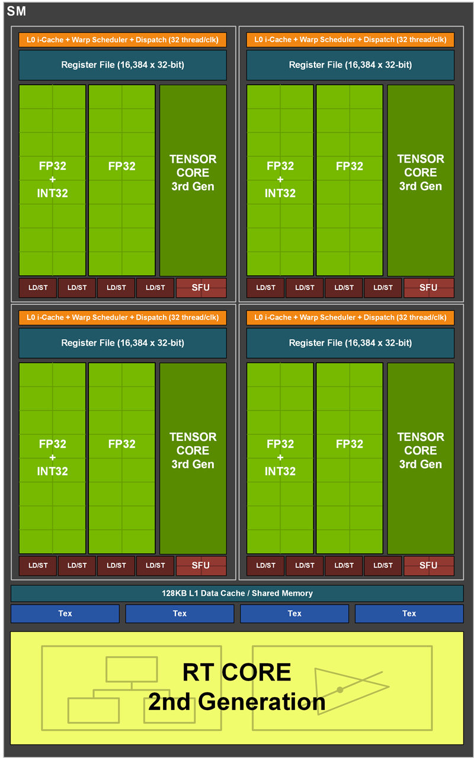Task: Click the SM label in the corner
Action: coord(16,12)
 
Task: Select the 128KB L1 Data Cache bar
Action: coord(237,593)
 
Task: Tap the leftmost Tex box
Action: coord(65,614)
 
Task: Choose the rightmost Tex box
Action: coord(409,614)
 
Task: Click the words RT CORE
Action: coord(236,673)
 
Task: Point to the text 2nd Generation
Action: coord(236,702)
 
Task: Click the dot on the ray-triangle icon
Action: coord(340,689)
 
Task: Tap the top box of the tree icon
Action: coord(132,669)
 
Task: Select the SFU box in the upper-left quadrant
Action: coord(201,288)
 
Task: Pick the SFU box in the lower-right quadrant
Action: coord(428,565)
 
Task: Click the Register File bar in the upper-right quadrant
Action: coord(350,64)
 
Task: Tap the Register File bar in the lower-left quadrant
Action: coord(123,343)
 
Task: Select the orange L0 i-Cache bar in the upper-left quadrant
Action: coord(123,40)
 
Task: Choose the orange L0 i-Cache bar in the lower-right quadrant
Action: coord(350,317)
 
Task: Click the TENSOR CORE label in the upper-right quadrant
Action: coord(421,172)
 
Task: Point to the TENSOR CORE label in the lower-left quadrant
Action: coord(193,450)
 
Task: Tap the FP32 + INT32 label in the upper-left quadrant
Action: coord(53,179)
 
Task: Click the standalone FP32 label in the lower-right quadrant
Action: coord(350,444)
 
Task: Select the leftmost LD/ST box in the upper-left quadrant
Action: coord(38,288)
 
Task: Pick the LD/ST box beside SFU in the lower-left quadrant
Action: coord(155,565)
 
